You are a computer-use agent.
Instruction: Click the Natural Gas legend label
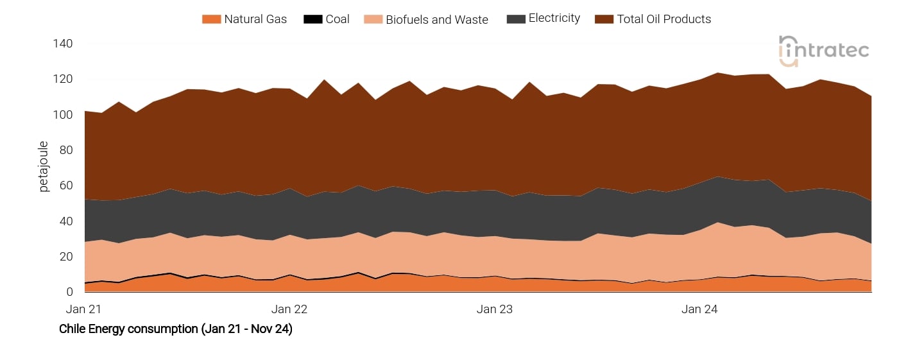(255, 19)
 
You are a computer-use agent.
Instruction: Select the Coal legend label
(337, 19)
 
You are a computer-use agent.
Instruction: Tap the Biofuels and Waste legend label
(436, 19)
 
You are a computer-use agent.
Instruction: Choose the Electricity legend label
(554, 19)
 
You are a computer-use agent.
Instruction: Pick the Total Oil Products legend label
(664, 19)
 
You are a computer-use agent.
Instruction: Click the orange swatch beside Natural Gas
(211, 19)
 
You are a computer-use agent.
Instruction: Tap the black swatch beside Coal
(313, 19)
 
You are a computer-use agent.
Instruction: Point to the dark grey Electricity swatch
(515, 19)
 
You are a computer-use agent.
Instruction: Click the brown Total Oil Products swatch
(604, 19)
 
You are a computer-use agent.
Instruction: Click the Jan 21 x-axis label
(84, 309)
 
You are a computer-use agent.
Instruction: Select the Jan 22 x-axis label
(289, 309)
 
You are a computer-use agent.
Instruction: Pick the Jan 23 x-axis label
(495, 309)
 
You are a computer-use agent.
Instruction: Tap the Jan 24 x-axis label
(699, 309)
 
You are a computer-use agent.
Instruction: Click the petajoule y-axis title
(44, 167)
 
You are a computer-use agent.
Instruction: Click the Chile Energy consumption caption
(176, 329)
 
